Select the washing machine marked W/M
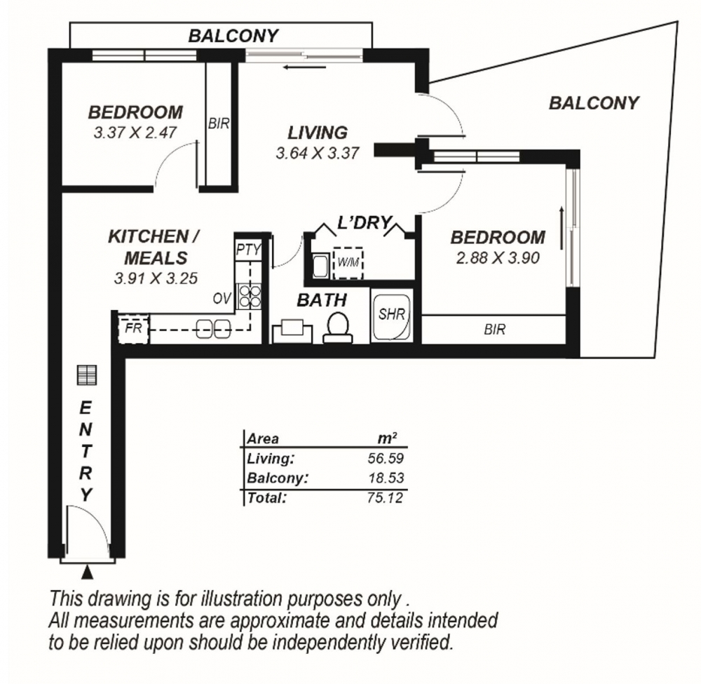[348, 262]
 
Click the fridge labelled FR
[133, 329]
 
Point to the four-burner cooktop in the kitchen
[250, 297]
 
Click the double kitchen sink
[213, 330]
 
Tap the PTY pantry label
[248, 250]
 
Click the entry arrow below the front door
[88, 572]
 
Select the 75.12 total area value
[385, 497]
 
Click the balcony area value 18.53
[386, 478]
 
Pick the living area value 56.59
[386, 458]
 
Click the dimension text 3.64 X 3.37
[318, 154]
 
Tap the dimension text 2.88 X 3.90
[498, 258]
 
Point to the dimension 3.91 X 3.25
[156, 279]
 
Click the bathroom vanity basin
[292, 330]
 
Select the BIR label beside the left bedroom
[219, 123]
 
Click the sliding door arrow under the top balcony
[304, 67]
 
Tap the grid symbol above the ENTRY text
[87, 375]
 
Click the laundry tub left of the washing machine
[320, 266]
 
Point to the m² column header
[387, 438]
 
